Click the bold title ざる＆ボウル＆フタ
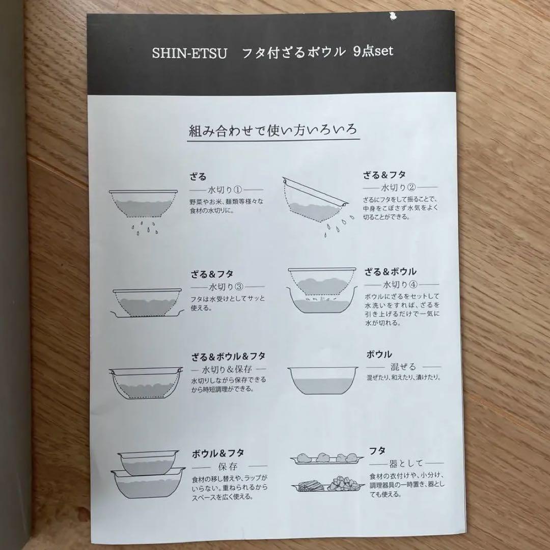tap(228, 355)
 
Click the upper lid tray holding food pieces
tap(326, 459)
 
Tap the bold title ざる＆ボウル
tap(390, 271)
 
